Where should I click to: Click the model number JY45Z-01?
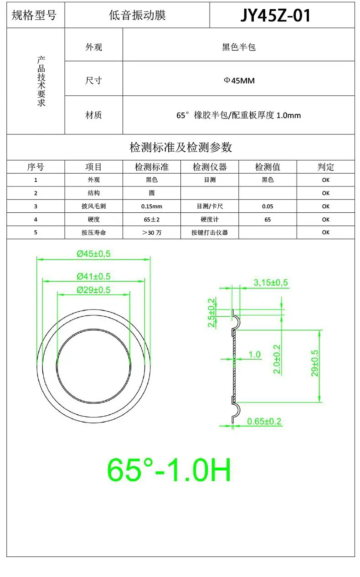click(276, 15)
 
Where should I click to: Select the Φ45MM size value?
click(239, 81)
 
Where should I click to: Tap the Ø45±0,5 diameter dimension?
click(93, 254)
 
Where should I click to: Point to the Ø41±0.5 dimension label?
click(93, 276)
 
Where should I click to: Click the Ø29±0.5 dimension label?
click(93, 290)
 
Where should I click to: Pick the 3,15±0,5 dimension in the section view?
click(271, 283)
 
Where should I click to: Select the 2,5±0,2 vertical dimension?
click(211, 313)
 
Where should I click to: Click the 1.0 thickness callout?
click(255, 355)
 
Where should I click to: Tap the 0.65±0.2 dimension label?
click(264, 422)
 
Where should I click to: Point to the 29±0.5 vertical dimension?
click(315, 363)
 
